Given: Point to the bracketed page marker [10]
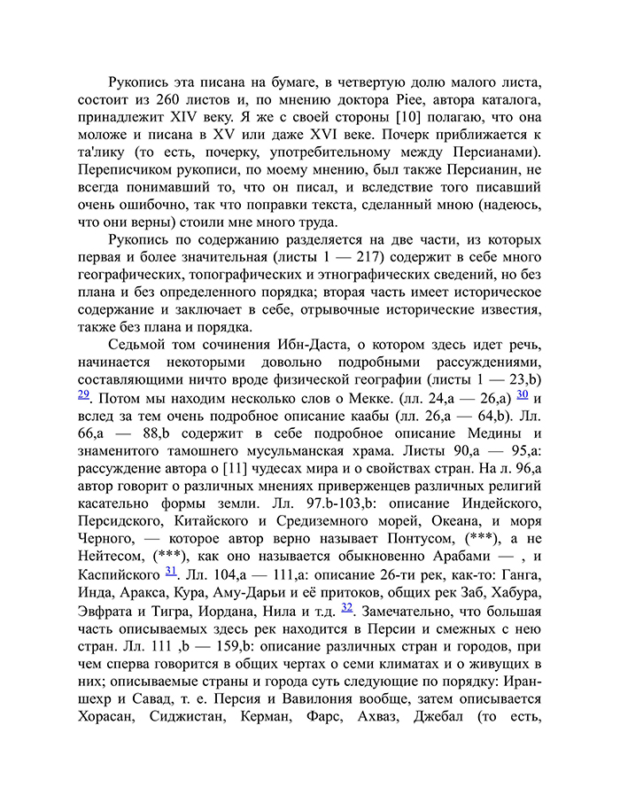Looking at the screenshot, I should tap(417, 118).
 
